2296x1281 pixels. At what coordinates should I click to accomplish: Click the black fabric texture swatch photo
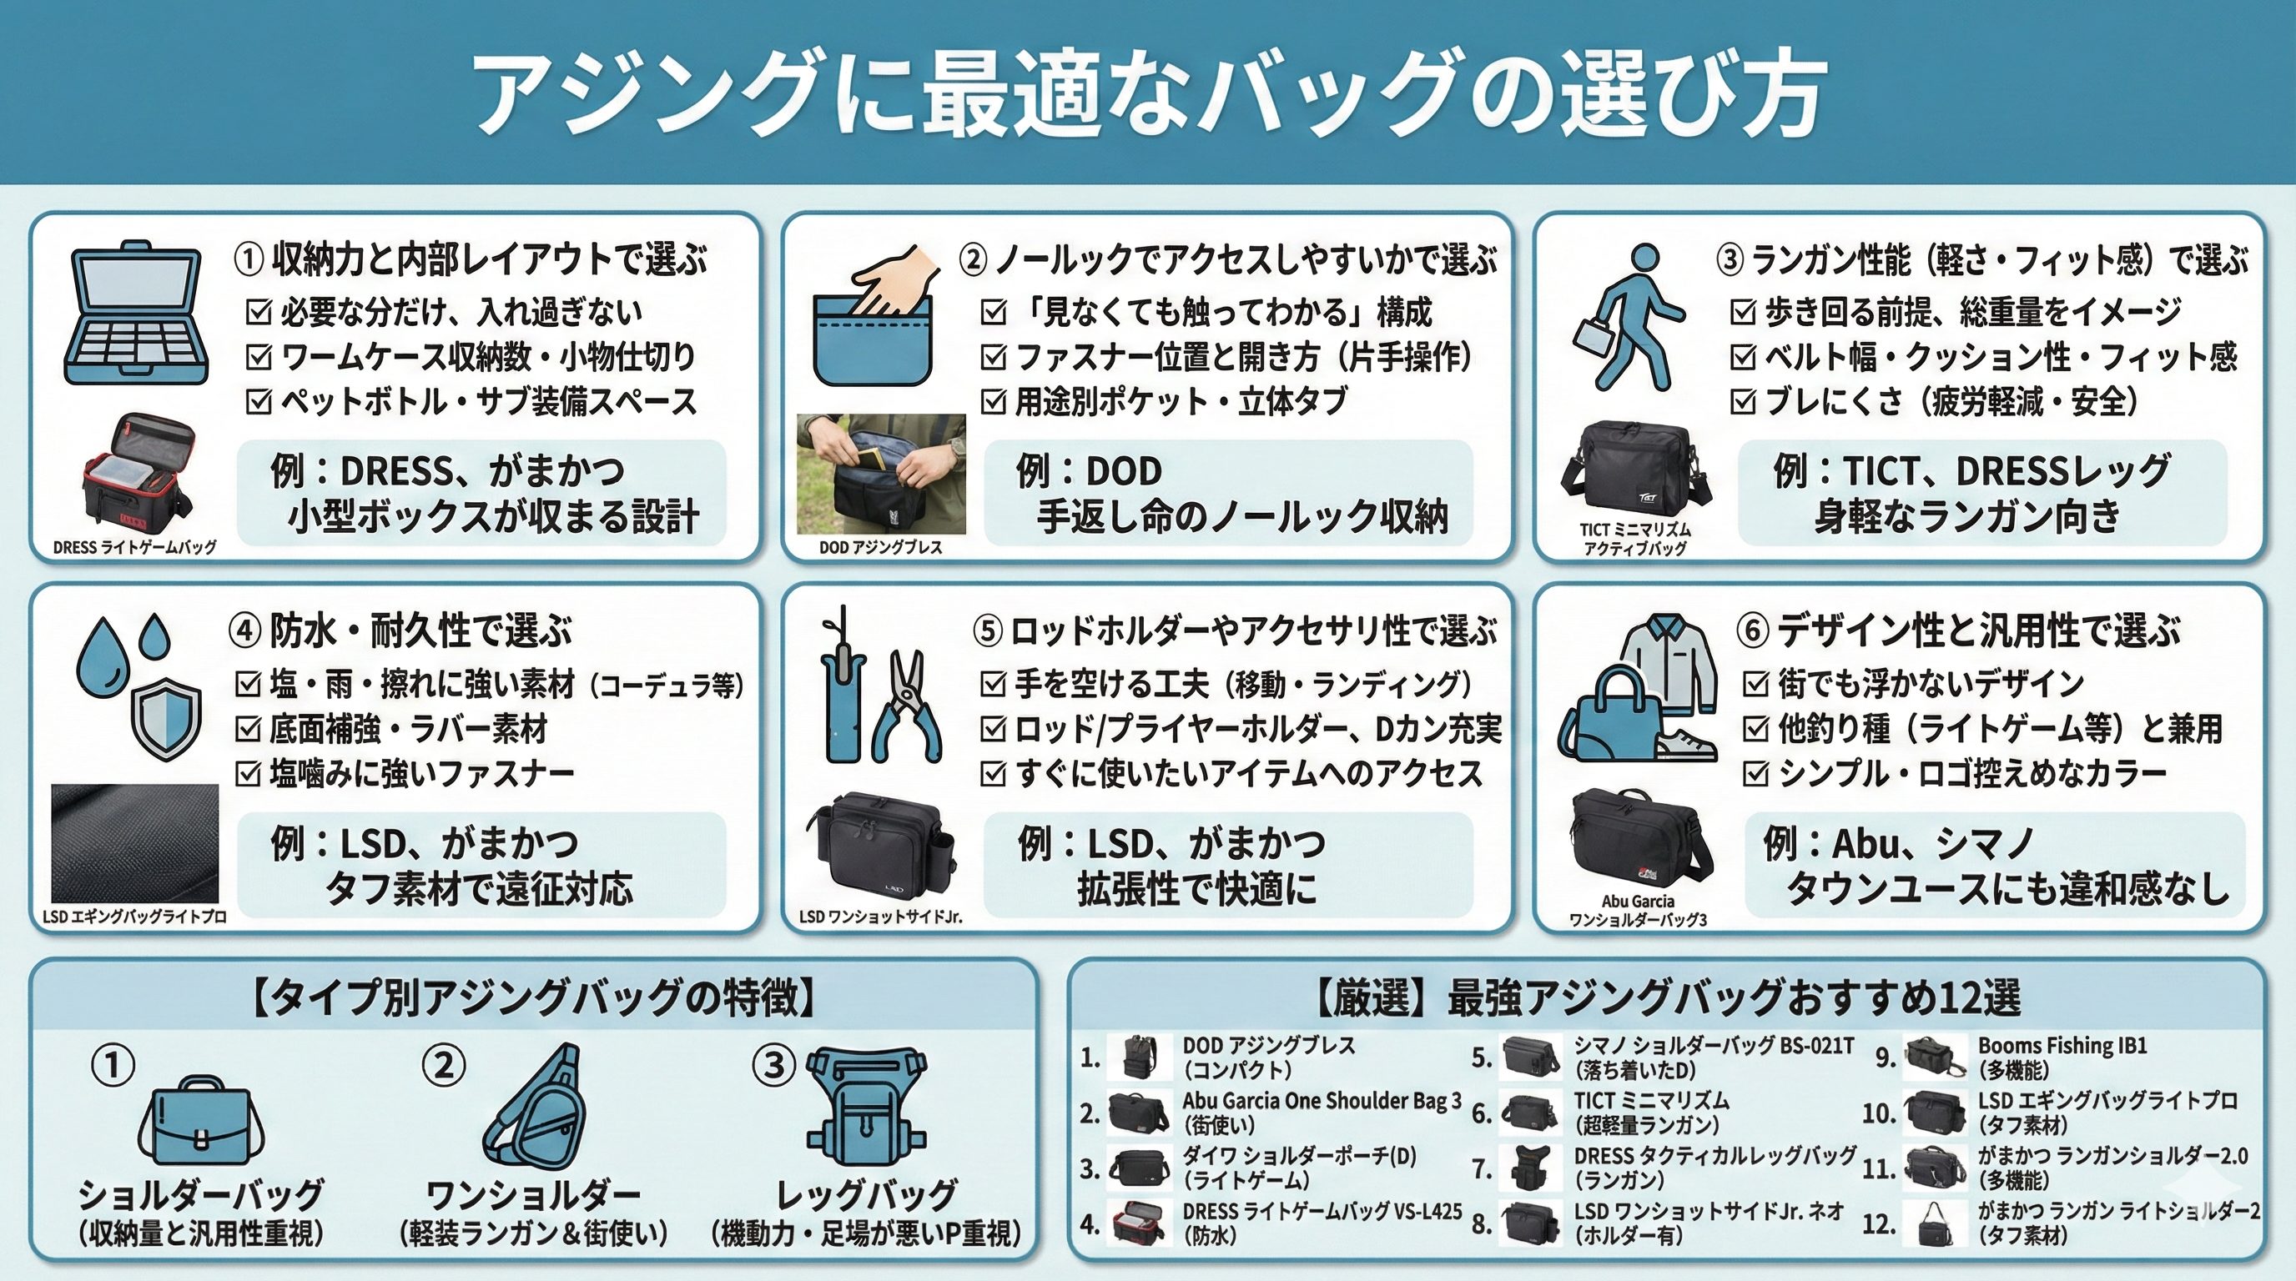click(134, 844)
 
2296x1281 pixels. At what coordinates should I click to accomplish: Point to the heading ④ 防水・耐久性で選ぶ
click(401, 630)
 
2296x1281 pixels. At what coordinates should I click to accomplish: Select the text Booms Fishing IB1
click(2062, 1045)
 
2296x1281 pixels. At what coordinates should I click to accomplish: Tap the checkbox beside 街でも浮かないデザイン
click(1755, 683)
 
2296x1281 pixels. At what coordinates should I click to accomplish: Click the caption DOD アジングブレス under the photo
click(881, 547)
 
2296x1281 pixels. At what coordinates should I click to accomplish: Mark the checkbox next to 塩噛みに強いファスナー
click(248, 772)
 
